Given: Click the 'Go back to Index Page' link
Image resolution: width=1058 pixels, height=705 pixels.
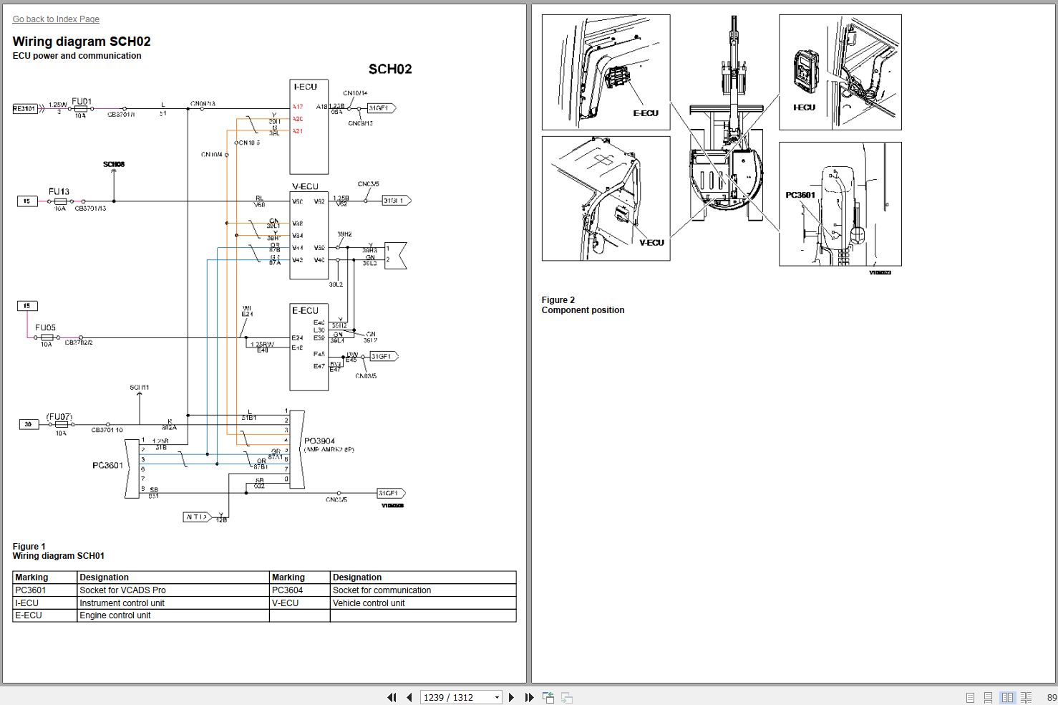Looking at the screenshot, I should click(56, 19).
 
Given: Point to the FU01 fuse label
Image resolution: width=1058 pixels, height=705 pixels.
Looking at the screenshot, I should click(82, 102).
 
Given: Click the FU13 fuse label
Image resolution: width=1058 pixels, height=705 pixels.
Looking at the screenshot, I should click(59, 191).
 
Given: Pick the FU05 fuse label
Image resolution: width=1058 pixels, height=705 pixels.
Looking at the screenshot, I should click(45, 327).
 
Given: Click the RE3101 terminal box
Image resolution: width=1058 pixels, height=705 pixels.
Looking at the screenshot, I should click(24, 109).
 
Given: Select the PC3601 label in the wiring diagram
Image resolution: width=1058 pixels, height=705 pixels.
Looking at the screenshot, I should click(107, 465).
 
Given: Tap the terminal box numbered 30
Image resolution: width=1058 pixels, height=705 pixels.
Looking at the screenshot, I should click(28, 424).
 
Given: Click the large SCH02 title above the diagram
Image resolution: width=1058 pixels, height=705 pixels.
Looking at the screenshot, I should click(390, 69).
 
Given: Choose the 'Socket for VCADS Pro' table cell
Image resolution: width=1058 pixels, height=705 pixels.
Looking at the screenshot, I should click(122, 590).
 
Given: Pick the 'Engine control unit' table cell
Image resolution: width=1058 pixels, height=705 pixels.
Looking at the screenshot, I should click(115, 615).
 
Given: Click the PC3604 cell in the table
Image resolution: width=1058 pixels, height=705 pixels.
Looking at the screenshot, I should click(287, 590).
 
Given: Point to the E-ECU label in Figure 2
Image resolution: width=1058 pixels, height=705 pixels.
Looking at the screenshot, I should click(645, 113).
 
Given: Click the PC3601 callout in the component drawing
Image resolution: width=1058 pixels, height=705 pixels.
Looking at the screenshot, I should click(800, 195).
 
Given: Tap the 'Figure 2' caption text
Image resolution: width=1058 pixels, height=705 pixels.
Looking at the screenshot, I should click(558, 300).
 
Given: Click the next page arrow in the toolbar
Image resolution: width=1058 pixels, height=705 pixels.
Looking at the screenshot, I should click(511, 697).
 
